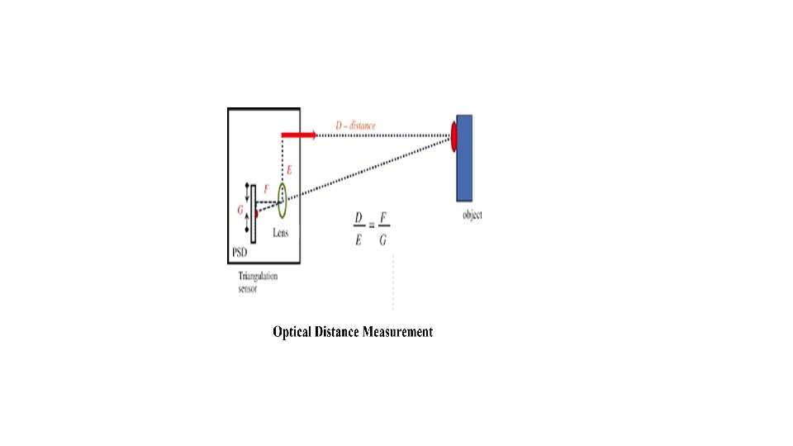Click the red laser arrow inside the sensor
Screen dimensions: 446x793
(298, 134)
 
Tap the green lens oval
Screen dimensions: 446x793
(282, 194)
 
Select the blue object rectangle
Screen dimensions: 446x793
(465, 158)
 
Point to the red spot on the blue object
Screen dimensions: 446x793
(453, 136)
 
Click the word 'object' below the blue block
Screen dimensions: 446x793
(472, 215)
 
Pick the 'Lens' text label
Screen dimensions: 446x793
(281, 232)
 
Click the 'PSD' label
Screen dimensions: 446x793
(240, 252)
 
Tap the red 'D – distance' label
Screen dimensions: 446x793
(355, 126)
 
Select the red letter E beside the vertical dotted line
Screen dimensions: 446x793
(288, 170)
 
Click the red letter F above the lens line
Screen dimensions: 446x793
(266, 189)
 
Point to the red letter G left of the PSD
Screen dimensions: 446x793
(240, 210)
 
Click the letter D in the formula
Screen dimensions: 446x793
(359, 218)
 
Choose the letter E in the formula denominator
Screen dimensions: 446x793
(359, 240)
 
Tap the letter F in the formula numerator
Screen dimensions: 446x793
(384, 218)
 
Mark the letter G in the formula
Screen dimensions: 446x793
(383, 240)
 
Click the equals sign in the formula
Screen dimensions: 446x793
(372, 226)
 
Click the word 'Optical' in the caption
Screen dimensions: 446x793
(292, 332)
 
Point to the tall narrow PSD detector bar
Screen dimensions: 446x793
(254, 212)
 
